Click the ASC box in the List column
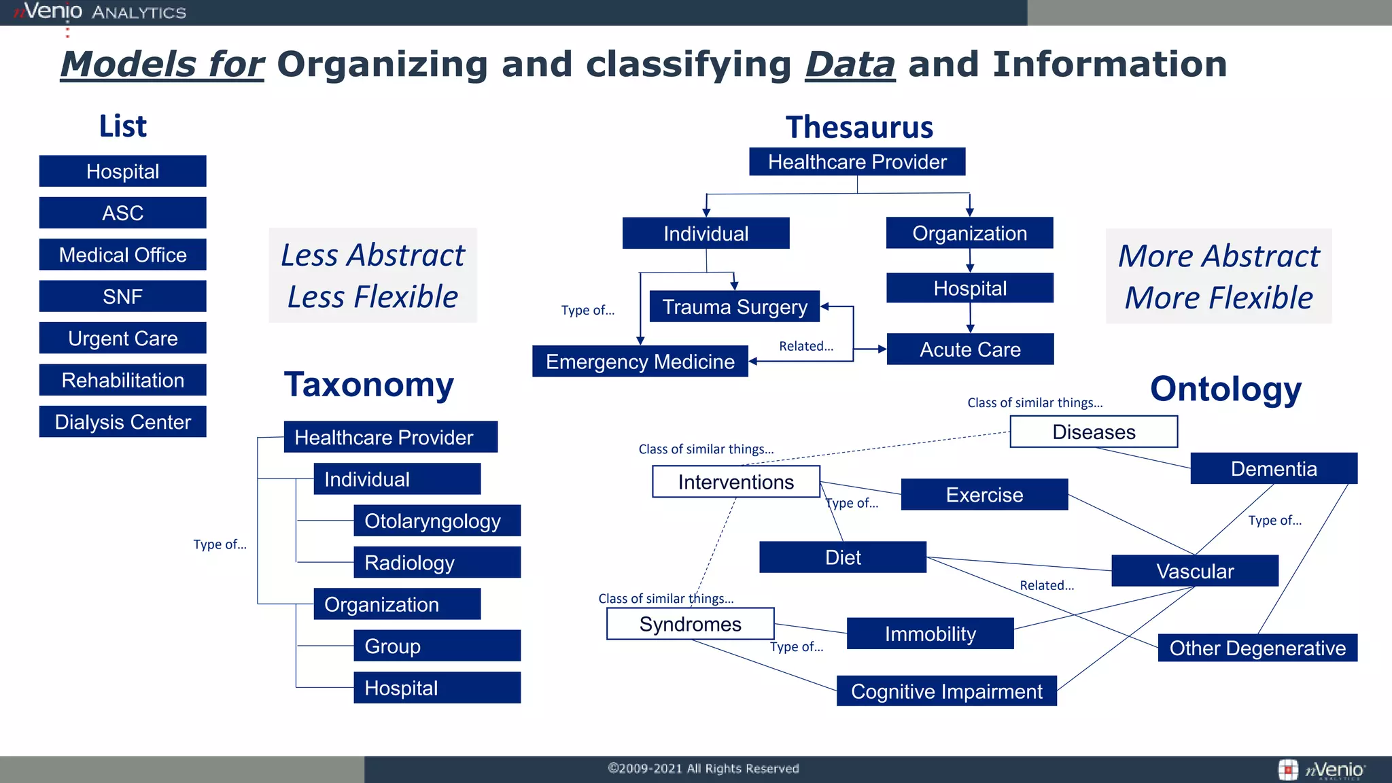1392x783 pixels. pyautogui.click(x=122, y=213)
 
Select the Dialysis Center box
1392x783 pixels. pyautogui.click(x=122, y=422)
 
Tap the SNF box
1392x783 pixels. pyautogui.click(x=122, y=296)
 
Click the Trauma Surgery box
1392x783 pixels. pyautogui.click(x=734, y=307)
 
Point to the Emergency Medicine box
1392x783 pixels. pyautogui.click(x=640, y=362)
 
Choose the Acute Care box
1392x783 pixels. pyautogui.click(x=970, y=349)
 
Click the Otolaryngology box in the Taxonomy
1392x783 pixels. pyautogui.click(x=436, y=521)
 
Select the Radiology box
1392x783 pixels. pyautogui.click(x=436, y=563)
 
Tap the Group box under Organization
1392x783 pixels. pyautogui.click(x=436, y=646)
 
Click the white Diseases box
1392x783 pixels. pyautogui.click(x=1094, y=432)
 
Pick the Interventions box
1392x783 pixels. pyautogui.click(x=735, y=482)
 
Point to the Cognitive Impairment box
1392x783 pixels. pyautogui.click(x=946, y=691)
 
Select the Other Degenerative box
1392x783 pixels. pyautogui.click(x=1257, y=648)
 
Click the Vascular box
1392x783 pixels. pyautogui.click(x=1195, y=571)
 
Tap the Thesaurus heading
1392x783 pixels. pyautogui.click(x=859, y=127)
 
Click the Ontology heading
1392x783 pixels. pyautogui.click(x=1225, y=389)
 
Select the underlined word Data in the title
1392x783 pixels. pyautogui.click(x=850, y=65)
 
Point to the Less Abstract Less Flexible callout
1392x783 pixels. pyautogui.click(x=372, y=275)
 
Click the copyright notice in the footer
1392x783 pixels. pyautogui.click(x=703, y=769)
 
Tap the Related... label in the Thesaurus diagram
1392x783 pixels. pyautogui.click(x=806, y=346)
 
